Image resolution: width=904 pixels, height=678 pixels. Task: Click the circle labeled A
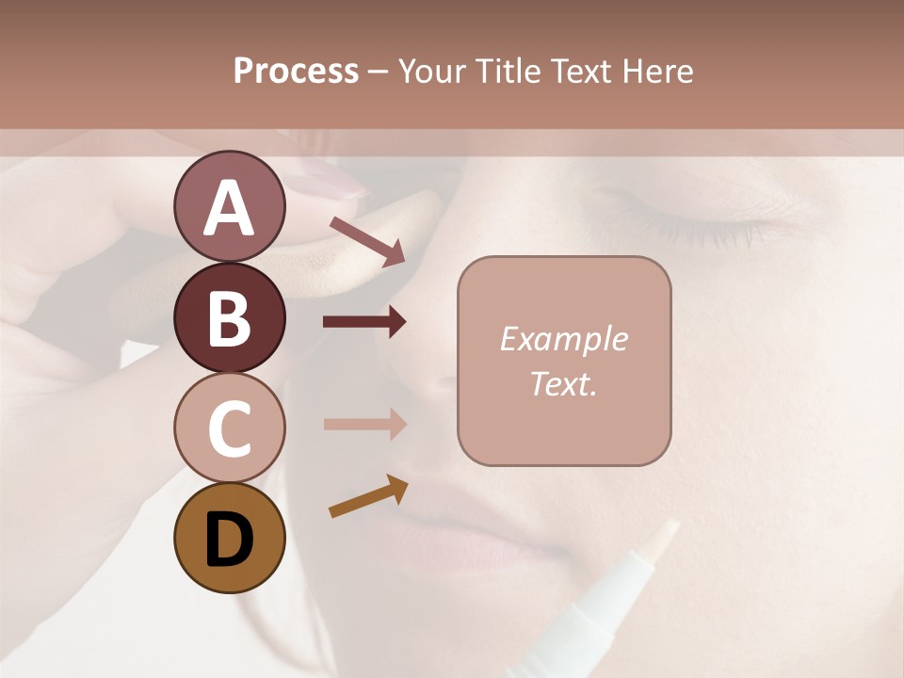229,206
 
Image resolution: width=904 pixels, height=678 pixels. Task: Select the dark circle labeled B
229,317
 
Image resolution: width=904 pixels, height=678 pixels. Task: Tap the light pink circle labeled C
229,428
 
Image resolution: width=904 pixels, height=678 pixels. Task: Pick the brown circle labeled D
229,538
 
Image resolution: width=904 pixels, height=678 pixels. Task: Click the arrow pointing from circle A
368,241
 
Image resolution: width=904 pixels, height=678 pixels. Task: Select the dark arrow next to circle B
365,322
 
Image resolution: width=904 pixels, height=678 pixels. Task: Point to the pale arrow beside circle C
365,425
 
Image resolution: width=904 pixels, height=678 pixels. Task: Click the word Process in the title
296,72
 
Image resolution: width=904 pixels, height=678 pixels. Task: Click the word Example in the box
563,339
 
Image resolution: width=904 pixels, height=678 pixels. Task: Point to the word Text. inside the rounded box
563,383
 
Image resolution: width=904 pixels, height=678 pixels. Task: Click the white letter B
229,318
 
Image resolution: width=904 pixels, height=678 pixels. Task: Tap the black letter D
229,539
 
